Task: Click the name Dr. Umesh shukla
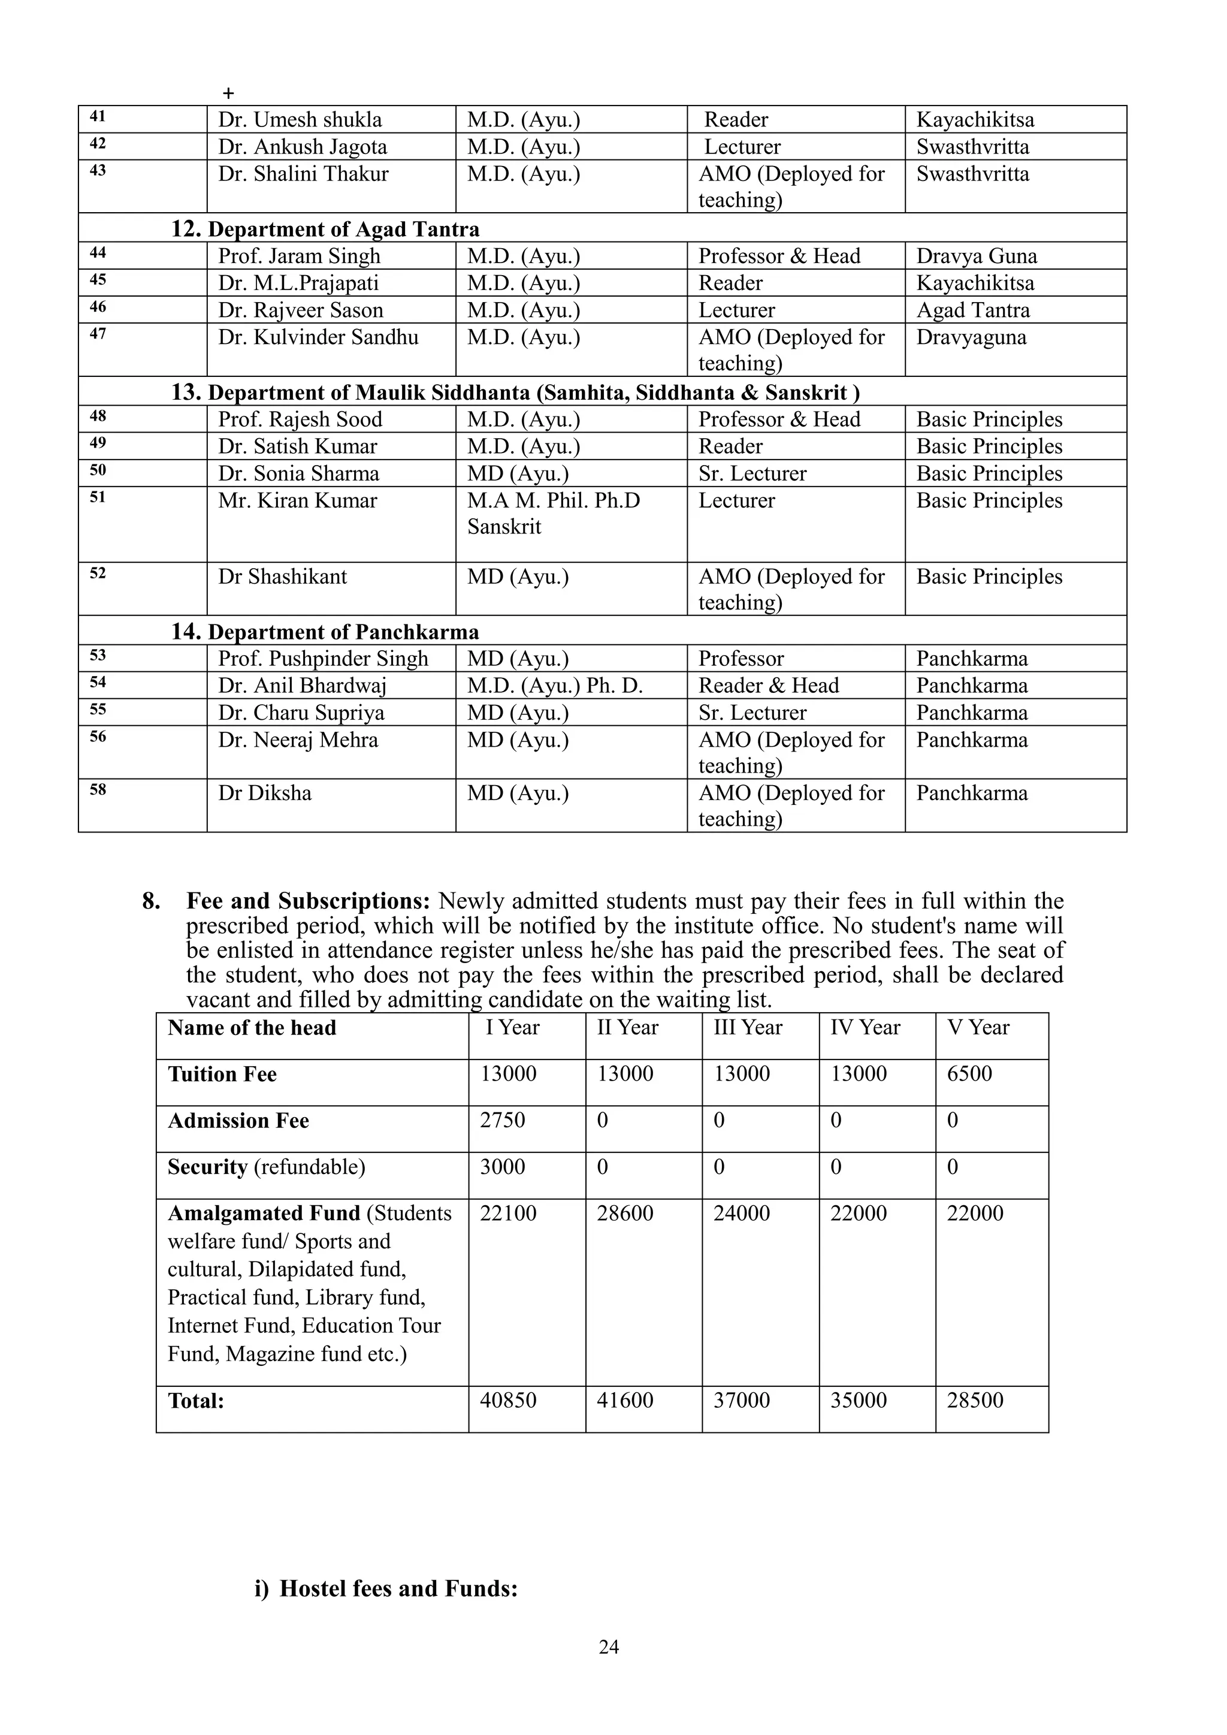click(300, 119)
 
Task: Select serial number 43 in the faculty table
click(98, 171)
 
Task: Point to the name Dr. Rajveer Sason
click(301, 310)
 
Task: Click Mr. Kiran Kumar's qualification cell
click(553, 513)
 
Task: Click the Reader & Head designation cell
click(769, 686)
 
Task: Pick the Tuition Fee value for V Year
click(969, 1074)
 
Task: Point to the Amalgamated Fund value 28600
click(625, 1213)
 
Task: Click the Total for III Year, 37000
click(741, 1400)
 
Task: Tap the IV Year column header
click(865, 1028)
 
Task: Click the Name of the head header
click(252, 1028)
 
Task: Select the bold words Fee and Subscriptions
click(307, 901)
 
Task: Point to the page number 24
click(609, 1648)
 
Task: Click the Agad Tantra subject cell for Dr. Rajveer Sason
click(972, 310)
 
